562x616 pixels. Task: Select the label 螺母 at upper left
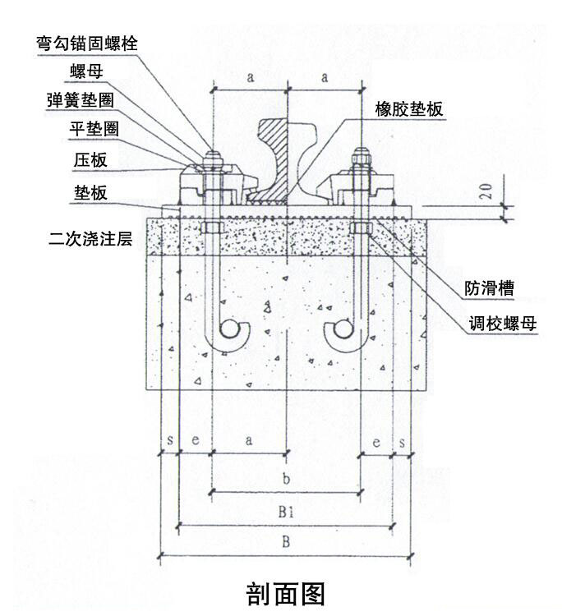click(x=85, y=72)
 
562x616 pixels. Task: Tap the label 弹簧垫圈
click(x=79, y=101)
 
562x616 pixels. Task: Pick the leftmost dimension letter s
click(x=168, y=442)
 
